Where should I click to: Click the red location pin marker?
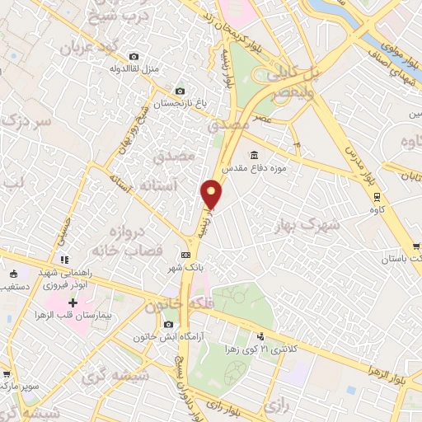(x=212, y=195)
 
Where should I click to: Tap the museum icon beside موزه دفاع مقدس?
(x=254, y=155)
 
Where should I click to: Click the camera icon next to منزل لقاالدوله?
(x=134, y=56)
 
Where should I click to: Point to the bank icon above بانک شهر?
(x=185, y=255)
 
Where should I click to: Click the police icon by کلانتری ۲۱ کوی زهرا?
(x=260, y=336)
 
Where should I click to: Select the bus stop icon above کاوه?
(x=377, y=196)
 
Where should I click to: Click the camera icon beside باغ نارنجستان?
(x=180, y=91)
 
